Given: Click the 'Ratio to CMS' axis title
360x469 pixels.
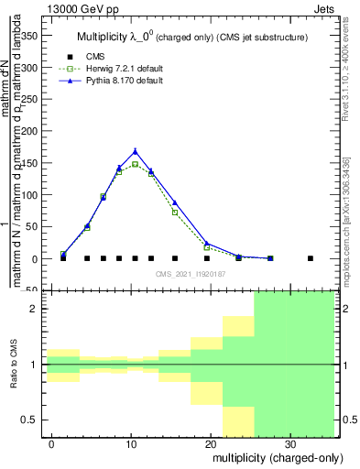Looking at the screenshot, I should click(14, 365).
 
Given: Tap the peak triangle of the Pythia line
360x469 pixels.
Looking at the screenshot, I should click(136, 151).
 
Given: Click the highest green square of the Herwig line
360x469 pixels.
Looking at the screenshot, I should click(136, 165).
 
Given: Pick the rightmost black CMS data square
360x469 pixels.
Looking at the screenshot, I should click(310, 258).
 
